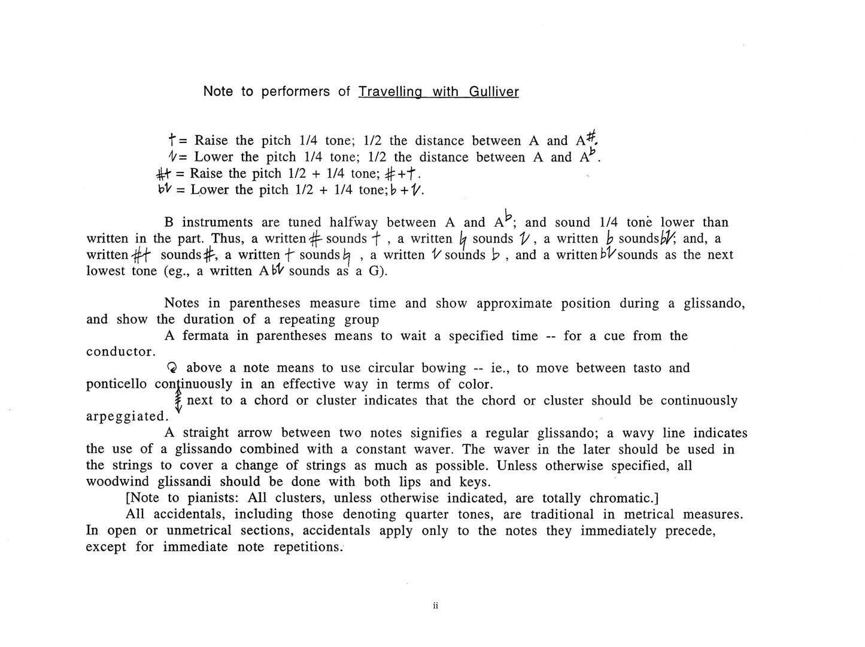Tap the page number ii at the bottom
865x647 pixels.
click(435, 606)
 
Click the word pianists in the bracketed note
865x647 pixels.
click(212, 498)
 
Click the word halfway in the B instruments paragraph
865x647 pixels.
click(354, 223)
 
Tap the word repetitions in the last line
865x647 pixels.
click(307, 547)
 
